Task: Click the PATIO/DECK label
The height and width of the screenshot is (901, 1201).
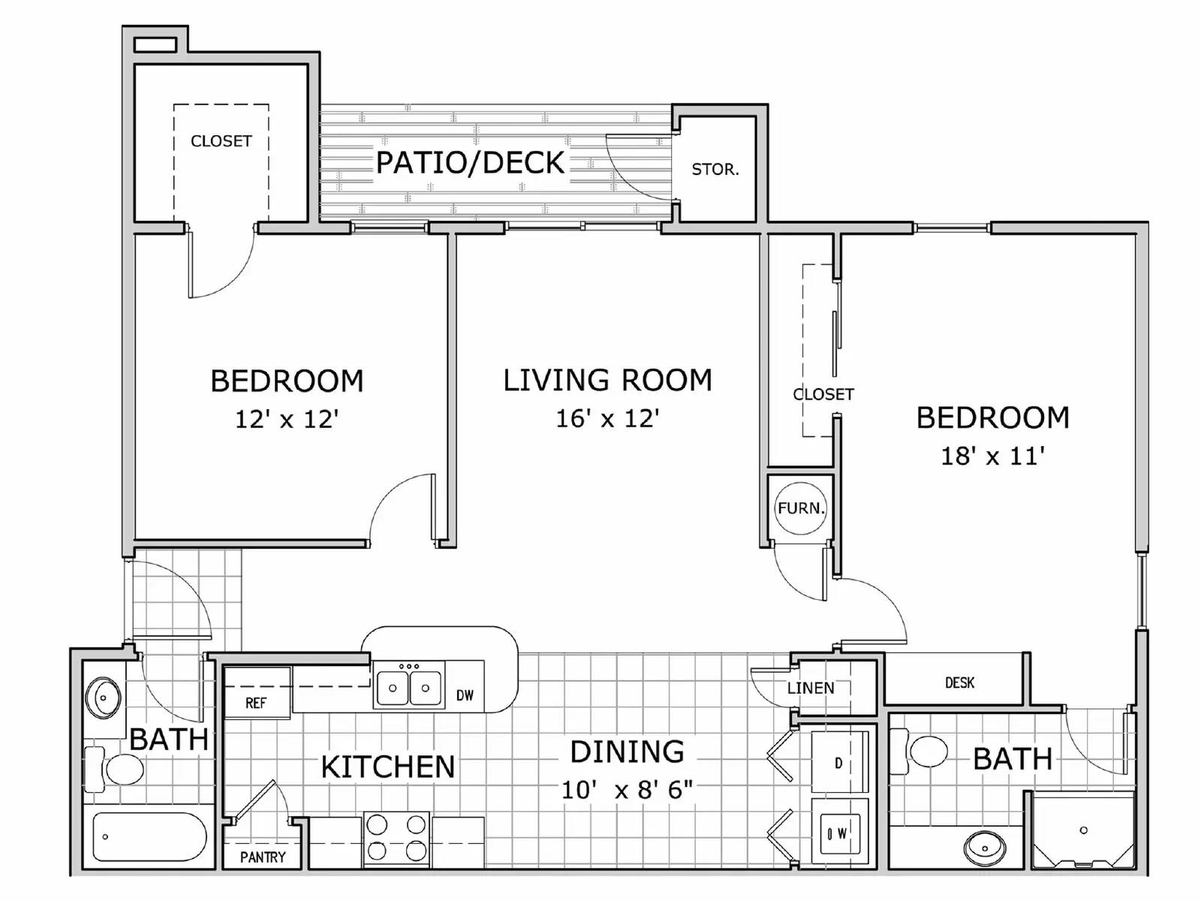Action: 470,162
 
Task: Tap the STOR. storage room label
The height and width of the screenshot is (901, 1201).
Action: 715,170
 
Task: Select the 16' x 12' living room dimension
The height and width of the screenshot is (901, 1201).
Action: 607,418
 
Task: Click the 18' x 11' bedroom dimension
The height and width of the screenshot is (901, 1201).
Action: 992,456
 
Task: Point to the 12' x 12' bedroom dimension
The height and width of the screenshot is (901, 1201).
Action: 287,419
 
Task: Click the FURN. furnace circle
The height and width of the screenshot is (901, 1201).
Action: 800,508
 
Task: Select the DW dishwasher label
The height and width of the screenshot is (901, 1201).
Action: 465,695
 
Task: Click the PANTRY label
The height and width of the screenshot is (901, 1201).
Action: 262,857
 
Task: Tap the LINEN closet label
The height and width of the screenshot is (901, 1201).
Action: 811,688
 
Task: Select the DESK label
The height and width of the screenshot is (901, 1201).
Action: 959,683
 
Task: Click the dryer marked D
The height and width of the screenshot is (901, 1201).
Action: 838,764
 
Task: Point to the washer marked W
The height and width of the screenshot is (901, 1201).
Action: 838,833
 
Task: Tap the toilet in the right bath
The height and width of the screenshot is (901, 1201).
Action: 926,751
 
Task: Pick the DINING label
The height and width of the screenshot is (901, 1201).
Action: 627,752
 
